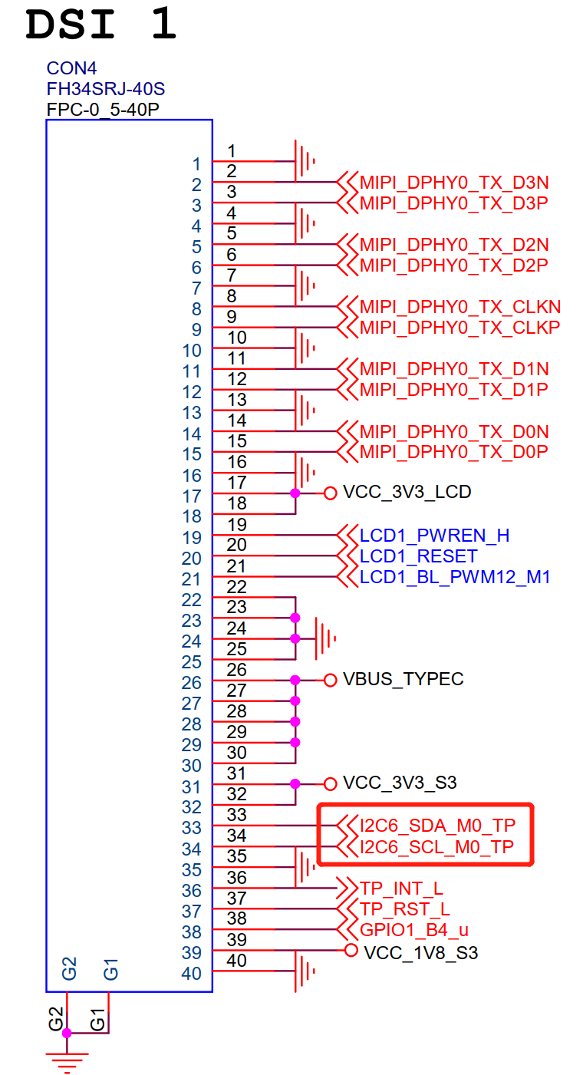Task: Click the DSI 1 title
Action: pos(101,26)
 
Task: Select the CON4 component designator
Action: pos(71,69)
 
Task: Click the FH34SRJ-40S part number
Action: pos(106,88)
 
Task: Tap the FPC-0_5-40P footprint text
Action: pos(103,109)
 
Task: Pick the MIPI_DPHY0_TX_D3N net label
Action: pos(454,183)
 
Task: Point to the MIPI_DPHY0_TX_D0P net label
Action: pos(454,451)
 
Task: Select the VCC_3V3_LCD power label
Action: pos(407,492)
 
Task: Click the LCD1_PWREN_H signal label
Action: pos(435,535)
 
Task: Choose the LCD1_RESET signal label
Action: pos(419,556)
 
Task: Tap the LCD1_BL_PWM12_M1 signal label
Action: pos(455,577)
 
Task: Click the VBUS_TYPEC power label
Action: pos(403,679)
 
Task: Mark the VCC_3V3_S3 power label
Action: pos(400,783)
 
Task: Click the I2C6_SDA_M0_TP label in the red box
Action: pos(437,826)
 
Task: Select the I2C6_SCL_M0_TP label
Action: pos(436,847)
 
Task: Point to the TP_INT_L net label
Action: pos(401,889)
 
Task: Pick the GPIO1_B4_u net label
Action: pos(414,930)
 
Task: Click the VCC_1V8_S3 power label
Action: pos(420,952)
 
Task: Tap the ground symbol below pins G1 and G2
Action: pos(67,1060)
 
